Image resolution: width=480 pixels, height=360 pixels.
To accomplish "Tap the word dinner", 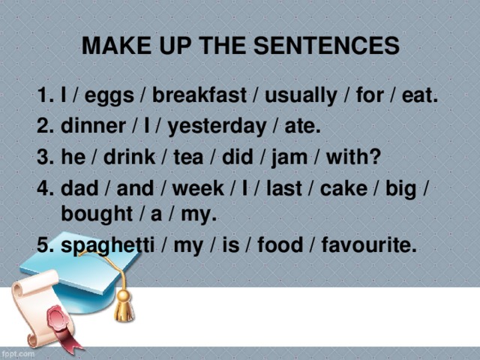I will [88, 127].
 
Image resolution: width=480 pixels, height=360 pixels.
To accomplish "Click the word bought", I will [96, 214].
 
